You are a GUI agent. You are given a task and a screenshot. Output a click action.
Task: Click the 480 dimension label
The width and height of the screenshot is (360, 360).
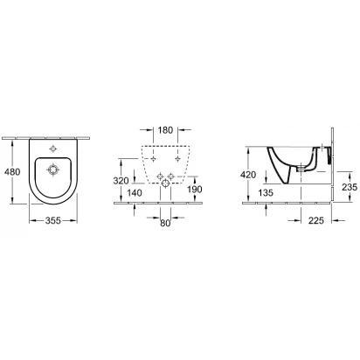coord(12,172)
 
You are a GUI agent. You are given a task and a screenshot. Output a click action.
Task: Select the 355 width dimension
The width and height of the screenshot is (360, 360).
coord(53,221)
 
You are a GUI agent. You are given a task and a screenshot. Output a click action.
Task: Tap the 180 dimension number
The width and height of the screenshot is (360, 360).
coord(165,130)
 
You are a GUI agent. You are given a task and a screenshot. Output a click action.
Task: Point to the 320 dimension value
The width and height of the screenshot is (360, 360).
coord(121,181)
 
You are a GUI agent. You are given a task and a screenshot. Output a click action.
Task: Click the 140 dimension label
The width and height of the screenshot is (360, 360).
coord(135,193)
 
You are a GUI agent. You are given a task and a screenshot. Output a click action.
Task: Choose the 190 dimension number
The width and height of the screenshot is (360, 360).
coord(195,190)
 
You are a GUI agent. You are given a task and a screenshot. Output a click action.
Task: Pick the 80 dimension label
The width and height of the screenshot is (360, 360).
coord(165,223)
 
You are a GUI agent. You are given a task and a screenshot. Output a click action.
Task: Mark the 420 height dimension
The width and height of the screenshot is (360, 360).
coord(248,175)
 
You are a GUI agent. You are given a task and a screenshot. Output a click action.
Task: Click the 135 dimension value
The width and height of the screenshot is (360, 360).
coord(266,192)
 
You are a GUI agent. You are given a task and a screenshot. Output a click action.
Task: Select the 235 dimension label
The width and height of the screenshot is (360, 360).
coord(350,187)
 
